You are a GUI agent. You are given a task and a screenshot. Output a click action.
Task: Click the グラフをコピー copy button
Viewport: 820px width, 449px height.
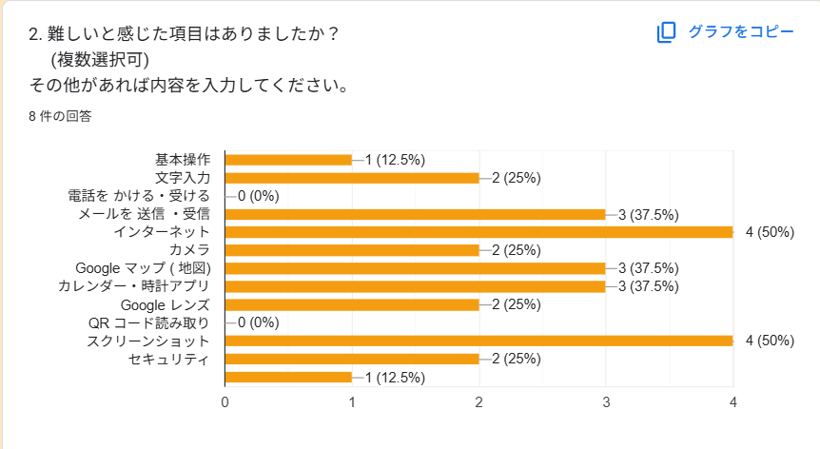(725, 32)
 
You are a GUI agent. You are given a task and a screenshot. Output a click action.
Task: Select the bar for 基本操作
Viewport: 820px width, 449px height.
(288, 160)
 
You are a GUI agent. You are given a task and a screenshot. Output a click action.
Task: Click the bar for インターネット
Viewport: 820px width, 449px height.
(478, 232)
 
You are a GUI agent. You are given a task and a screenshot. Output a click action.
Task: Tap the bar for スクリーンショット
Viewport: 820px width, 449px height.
(478, 341)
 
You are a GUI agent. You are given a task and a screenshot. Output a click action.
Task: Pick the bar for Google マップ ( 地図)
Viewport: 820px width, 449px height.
(415, 268)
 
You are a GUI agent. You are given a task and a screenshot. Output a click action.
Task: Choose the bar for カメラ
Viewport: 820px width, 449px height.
(352, 250)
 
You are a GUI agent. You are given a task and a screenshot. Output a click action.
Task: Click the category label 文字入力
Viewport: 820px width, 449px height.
(183, 178)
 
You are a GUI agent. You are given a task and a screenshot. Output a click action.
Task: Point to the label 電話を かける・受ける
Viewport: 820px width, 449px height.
(139, 196)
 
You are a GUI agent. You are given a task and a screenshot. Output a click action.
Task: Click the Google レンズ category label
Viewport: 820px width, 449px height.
(166, 304)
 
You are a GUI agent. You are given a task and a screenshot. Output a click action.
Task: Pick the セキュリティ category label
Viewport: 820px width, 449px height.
(168, 359)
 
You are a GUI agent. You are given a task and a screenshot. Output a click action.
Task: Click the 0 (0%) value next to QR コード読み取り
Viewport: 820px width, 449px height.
(258, 322)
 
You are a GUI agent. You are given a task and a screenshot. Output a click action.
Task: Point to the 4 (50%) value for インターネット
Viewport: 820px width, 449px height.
(770, 232)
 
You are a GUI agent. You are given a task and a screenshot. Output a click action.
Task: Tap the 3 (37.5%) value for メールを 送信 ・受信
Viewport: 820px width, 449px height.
(648, 214)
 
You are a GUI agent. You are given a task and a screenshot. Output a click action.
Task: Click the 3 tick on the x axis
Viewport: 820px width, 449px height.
(606, 402)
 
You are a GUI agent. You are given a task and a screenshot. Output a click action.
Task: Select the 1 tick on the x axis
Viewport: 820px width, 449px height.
(352, 402)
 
